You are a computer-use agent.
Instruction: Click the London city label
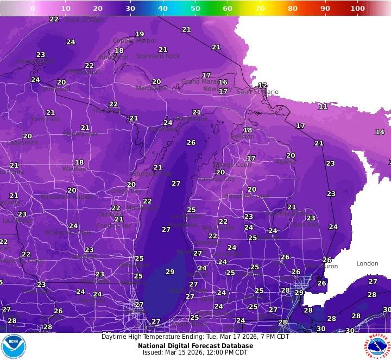(367, 264)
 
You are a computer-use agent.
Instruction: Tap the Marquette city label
(151, 88)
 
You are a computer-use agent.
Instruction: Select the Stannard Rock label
(157, 56)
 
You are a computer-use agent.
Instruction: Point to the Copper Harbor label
(134, 41)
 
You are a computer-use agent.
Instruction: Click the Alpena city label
(286, 162)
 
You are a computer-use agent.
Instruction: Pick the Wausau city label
(74, 169)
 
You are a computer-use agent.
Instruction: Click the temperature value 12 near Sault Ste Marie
(263, 85)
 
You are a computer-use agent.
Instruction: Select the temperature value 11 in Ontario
(323, 106)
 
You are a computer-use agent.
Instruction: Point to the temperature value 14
(380, 132)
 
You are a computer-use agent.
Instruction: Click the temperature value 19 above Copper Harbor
(140, 34)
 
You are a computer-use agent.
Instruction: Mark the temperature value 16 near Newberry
(223, 83)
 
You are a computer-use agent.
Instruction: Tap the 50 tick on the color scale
(195, 8)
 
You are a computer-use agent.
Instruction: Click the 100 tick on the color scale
(357, 8)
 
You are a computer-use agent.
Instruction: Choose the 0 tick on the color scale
(33, 8)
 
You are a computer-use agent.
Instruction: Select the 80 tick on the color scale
(293, 8)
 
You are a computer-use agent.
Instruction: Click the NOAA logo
(13, 346)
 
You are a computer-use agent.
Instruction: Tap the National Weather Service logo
(377, 346)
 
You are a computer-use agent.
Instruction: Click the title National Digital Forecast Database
(195, 345)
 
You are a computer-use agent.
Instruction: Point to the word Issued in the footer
(154, 352)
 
